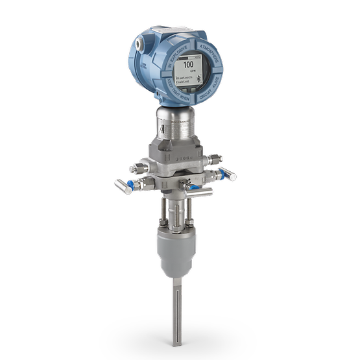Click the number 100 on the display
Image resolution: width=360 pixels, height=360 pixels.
189,65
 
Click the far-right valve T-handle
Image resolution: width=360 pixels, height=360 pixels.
227,174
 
